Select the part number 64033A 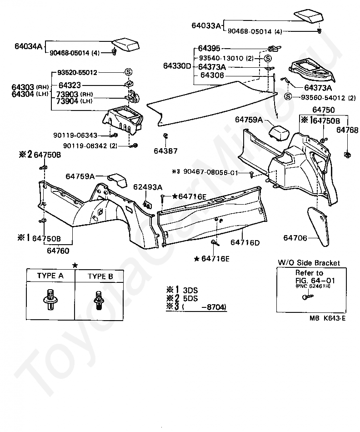pos(206,26)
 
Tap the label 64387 pos(165,151)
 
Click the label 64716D pos(245,242)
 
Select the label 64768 pos(348,130)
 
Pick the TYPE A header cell pos(50,276)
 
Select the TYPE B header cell pos(100,276)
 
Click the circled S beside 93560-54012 pos(287,96)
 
